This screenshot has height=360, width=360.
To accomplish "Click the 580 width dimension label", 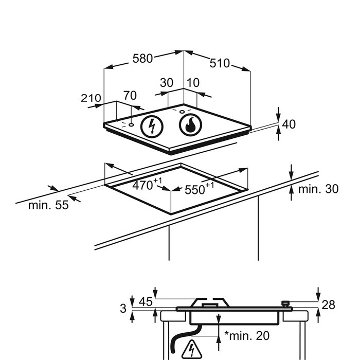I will [142, 59].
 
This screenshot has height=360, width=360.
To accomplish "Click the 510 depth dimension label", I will [220, 63].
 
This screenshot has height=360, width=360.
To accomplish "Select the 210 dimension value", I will [91, 98].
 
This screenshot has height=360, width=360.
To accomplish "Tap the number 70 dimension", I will [130, 95].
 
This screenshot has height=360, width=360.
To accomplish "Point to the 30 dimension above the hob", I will [166, 83].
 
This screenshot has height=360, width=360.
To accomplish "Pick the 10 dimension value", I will [193, 83].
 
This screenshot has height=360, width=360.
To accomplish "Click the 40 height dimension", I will [289, 124].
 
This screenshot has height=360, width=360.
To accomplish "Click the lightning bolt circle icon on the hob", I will [152, 126].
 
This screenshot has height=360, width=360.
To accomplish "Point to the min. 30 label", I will [318, 189].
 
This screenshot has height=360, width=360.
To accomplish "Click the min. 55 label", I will [48, 205].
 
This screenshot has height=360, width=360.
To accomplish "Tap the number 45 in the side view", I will [146, 302].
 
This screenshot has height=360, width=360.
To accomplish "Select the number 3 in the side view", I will [123, 309].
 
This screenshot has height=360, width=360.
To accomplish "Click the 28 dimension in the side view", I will [328, 305].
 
